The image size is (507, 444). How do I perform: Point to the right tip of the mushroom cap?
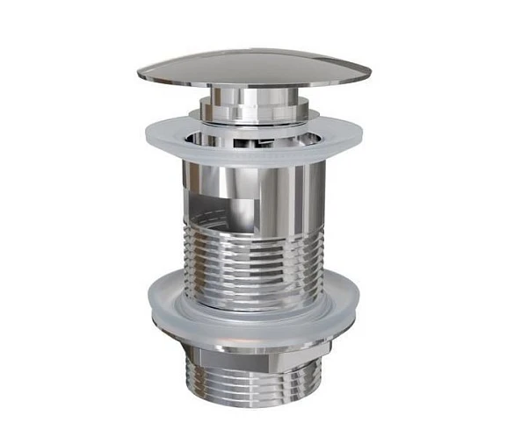[x=368, y=72]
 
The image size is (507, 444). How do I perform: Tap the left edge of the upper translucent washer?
[x=142, y=134]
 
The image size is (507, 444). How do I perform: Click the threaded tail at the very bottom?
[x=255, y=386]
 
